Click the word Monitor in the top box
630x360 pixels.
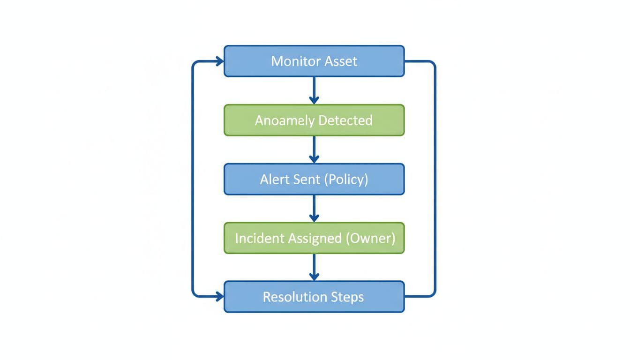(x=294, y=61)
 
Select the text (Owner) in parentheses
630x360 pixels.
(x=370, y=238)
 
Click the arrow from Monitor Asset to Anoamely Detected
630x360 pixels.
(x=314, y=90)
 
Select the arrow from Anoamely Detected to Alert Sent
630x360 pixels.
(x=314, y=149)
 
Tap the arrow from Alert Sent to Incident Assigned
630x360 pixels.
(x=314, y=208)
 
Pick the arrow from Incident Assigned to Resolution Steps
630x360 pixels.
(x=314, y=267)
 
